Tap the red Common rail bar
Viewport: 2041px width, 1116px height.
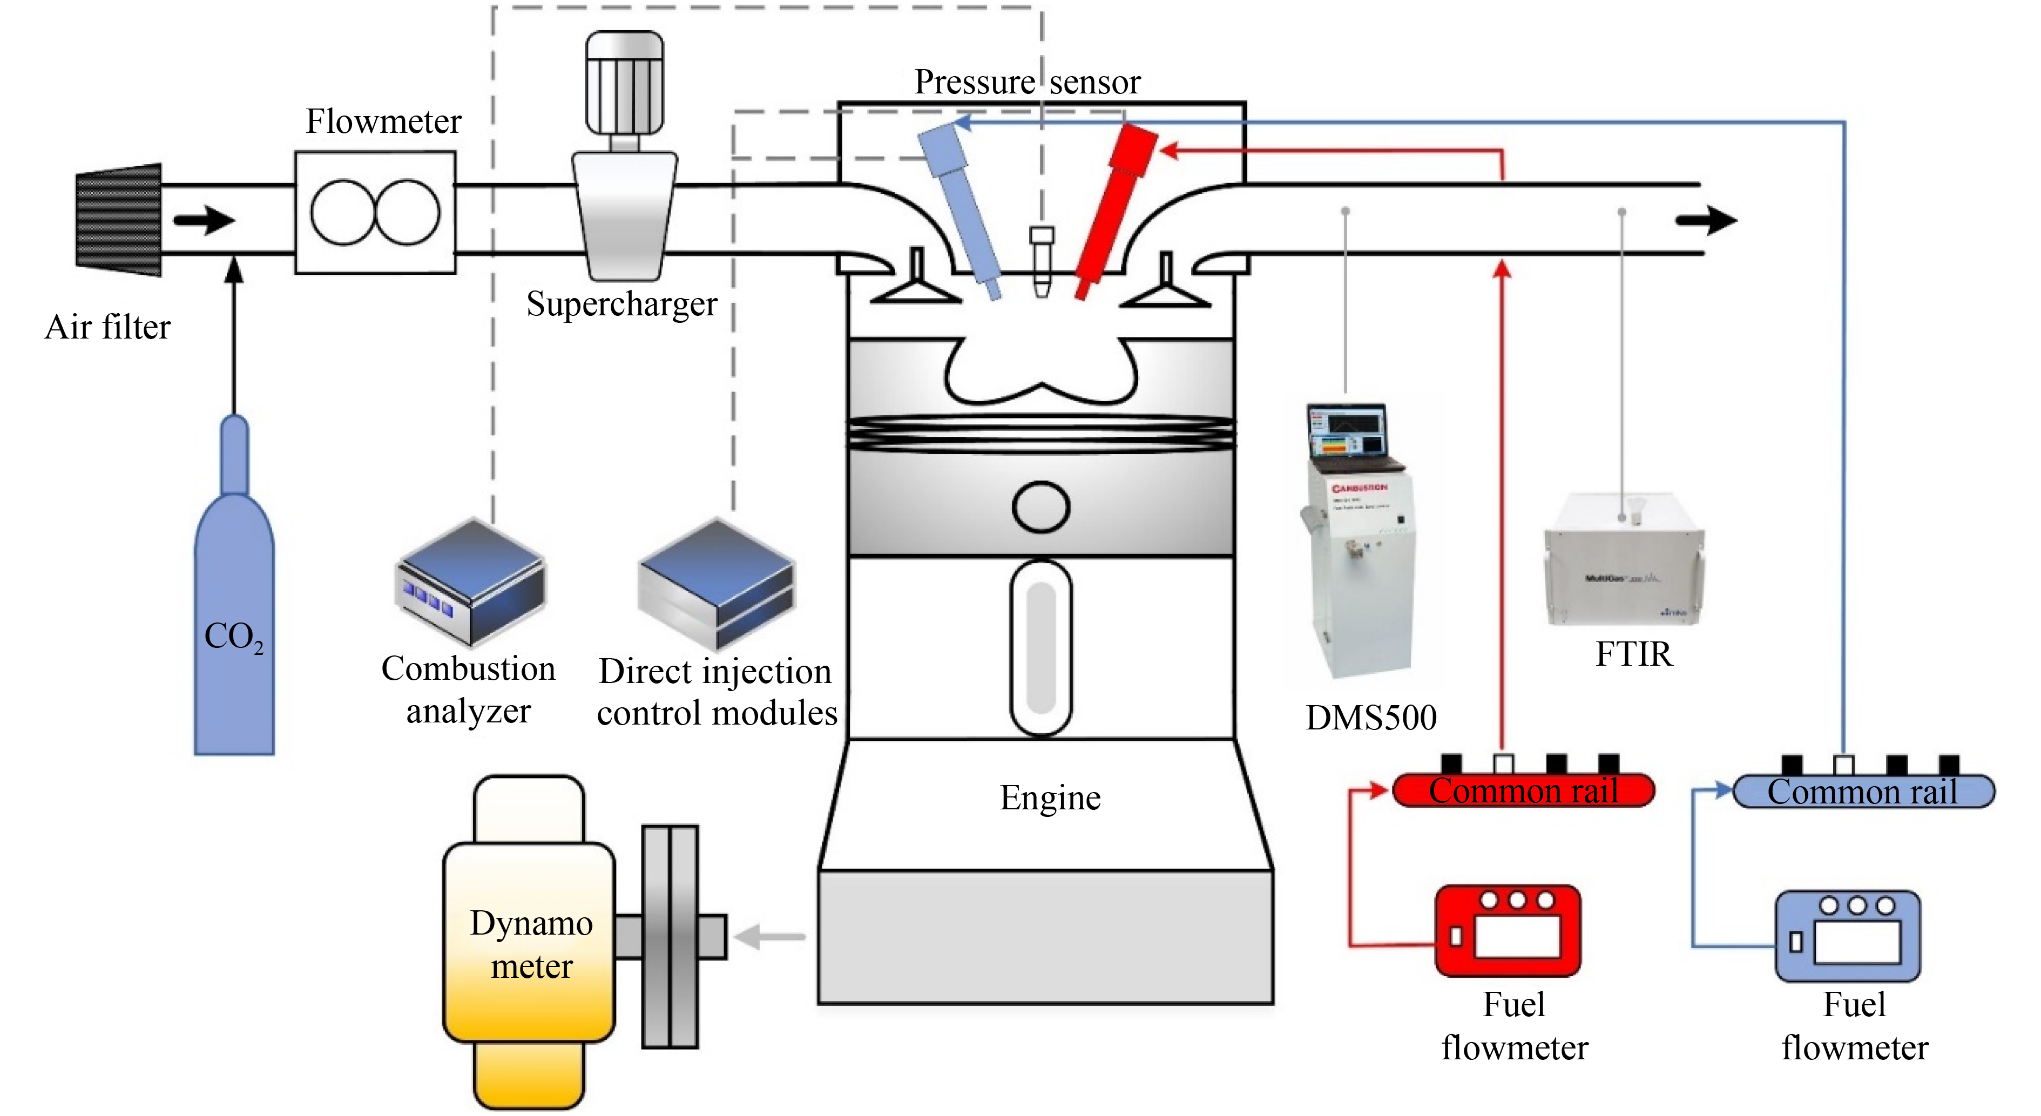click(1523, 790)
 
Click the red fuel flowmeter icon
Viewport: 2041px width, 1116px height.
click(1508, 931)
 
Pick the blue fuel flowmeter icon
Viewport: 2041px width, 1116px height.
click(1848, 936)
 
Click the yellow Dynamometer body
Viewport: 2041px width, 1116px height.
click(529, 943)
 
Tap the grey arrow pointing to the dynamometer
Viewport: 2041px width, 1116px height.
click(768, 936)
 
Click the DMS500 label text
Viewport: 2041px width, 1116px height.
click(1371, 718)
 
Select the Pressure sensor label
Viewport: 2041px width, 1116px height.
click(1027, 82)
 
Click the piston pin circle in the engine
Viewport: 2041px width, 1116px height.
click(1040, 507)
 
